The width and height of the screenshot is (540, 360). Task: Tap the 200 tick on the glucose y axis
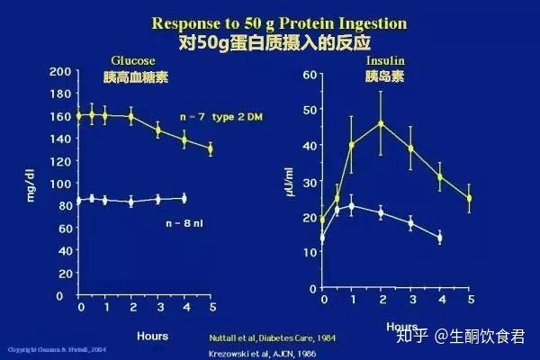(60, 71)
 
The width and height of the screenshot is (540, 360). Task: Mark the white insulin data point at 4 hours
(439, 238)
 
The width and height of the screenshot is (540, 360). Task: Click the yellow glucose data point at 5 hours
(211, 148)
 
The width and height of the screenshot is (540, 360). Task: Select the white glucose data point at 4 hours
(184, 198)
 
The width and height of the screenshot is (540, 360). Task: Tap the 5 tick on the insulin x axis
(469, 297)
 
